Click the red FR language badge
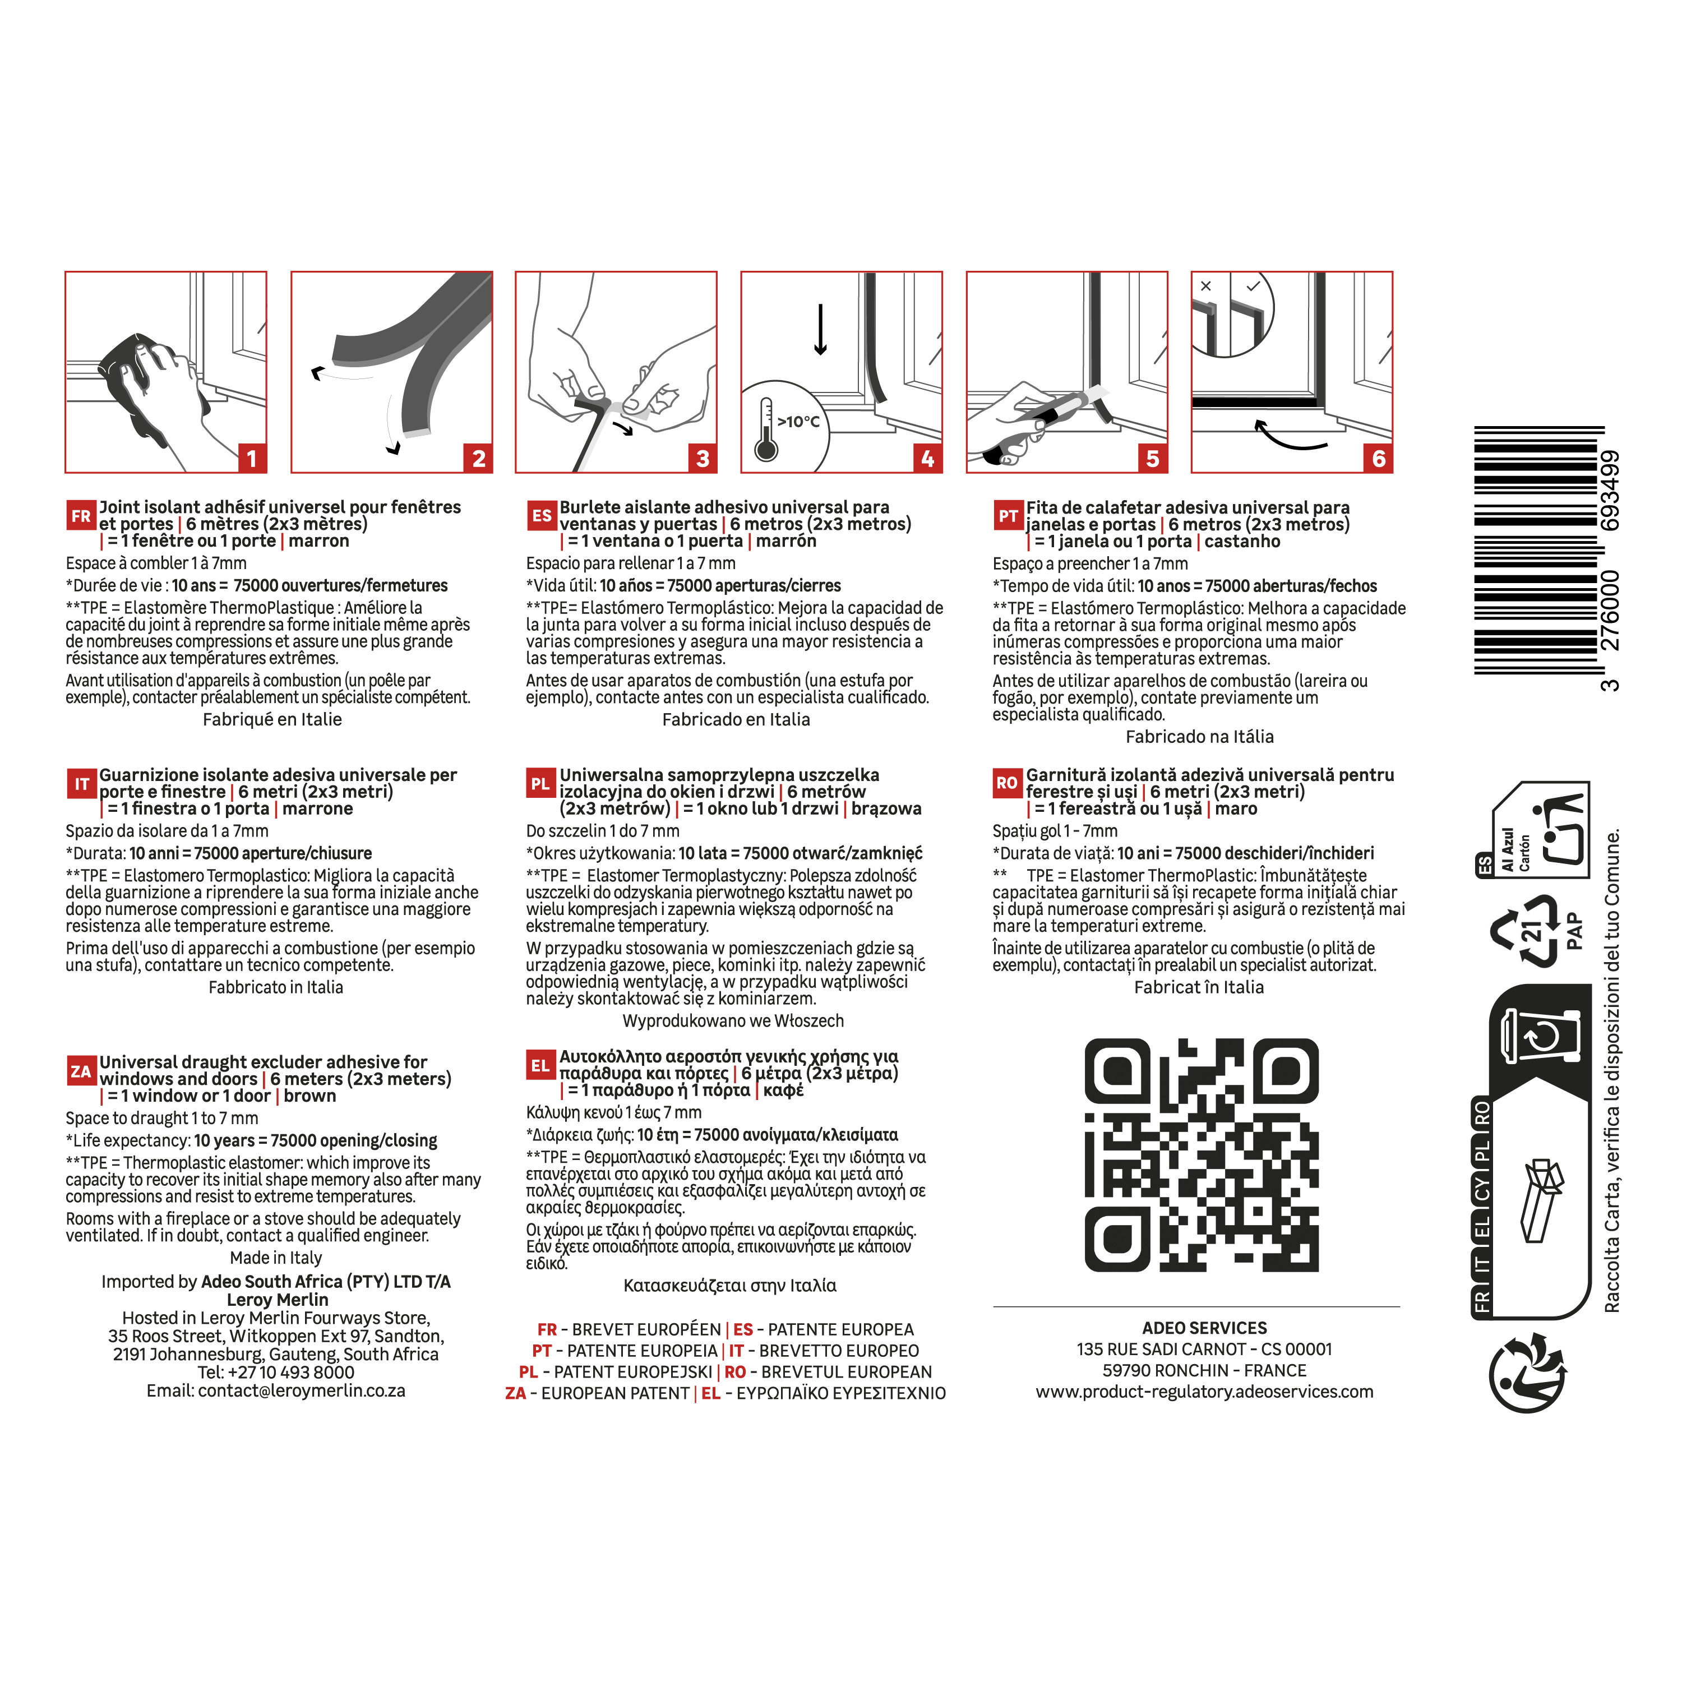coord(81,515)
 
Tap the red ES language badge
coord(542,515)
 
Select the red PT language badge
coord(1008,515)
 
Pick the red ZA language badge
coord(81,1071)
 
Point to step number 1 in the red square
coord(252,458)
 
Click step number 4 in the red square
coord(927,458)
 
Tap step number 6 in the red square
coord(1378,458)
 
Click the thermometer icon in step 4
coord(766,429)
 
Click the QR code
coord(1202,1156)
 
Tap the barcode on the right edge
coord(1538,550)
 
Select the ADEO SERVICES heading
coord(1204,1328)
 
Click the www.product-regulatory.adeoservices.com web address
coord(1204,1391)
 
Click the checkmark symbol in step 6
coord(1253,285)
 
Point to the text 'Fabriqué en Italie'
coord(272,720)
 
